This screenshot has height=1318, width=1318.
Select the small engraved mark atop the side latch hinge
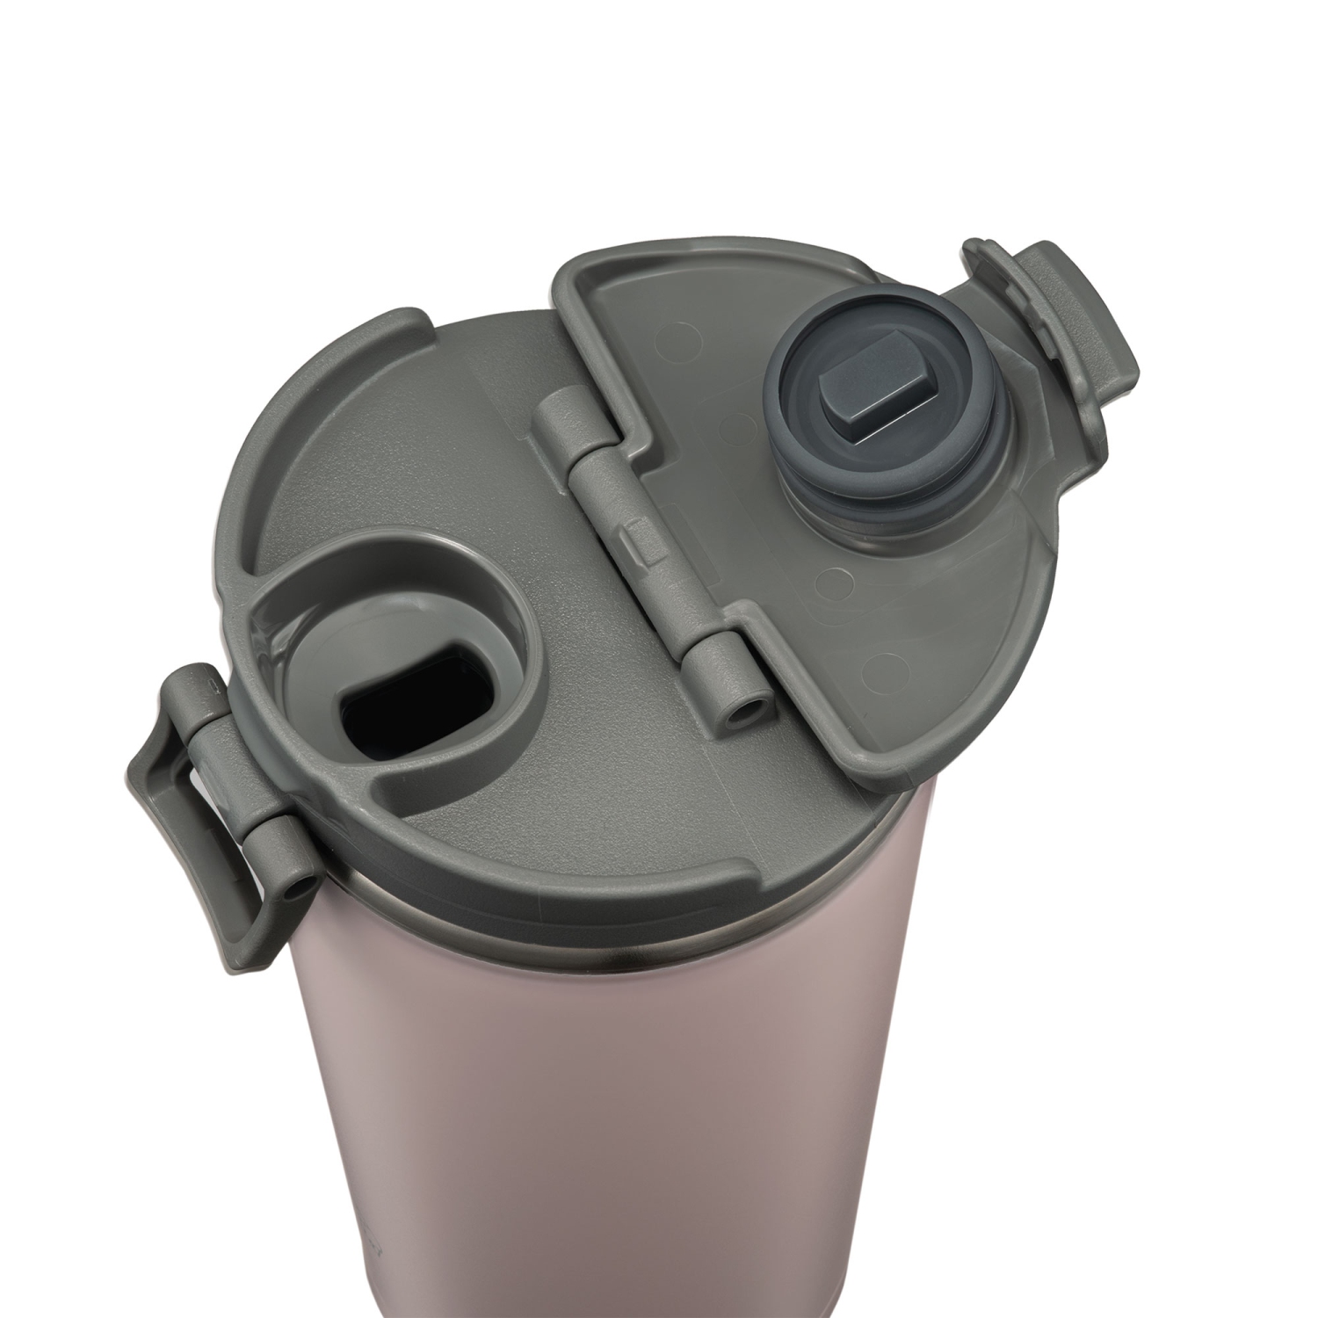click(x=211, y=681)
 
